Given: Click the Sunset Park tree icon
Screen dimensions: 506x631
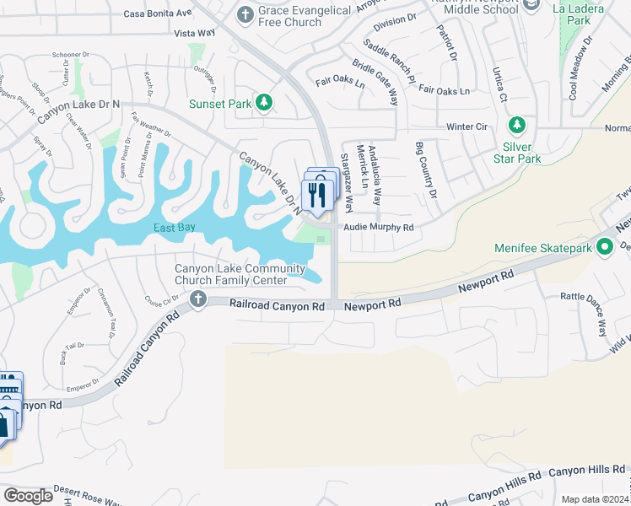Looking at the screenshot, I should [x=265, y=103].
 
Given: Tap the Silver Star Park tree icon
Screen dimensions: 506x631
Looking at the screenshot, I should [x=518, y=126].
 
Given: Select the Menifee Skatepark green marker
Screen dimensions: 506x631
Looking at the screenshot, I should [x=604, y=248].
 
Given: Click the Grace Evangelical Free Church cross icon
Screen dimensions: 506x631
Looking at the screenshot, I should [x=245, y=14].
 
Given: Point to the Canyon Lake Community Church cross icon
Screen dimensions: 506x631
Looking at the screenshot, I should [x=197, y=299].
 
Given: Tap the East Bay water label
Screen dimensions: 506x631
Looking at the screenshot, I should [x=175, y=229].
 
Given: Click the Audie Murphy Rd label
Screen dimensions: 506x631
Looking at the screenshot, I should [x=377, y=228].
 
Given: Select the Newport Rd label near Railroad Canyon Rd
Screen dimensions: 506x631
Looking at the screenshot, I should [x=372, y=305].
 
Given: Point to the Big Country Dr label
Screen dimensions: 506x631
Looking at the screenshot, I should [x=426, y=171].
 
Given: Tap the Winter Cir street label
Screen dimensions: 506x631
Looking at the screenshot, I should [x=467, y=126].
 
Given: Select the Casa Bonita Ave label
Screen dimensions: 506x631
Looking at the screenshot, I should [x=158, y=13].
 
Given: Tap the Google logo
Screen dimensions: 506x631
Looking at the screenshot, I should [x=28, y=495].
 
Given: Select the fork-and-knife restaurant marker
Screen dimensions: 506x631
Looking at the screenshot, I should [x=316, y=196].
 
